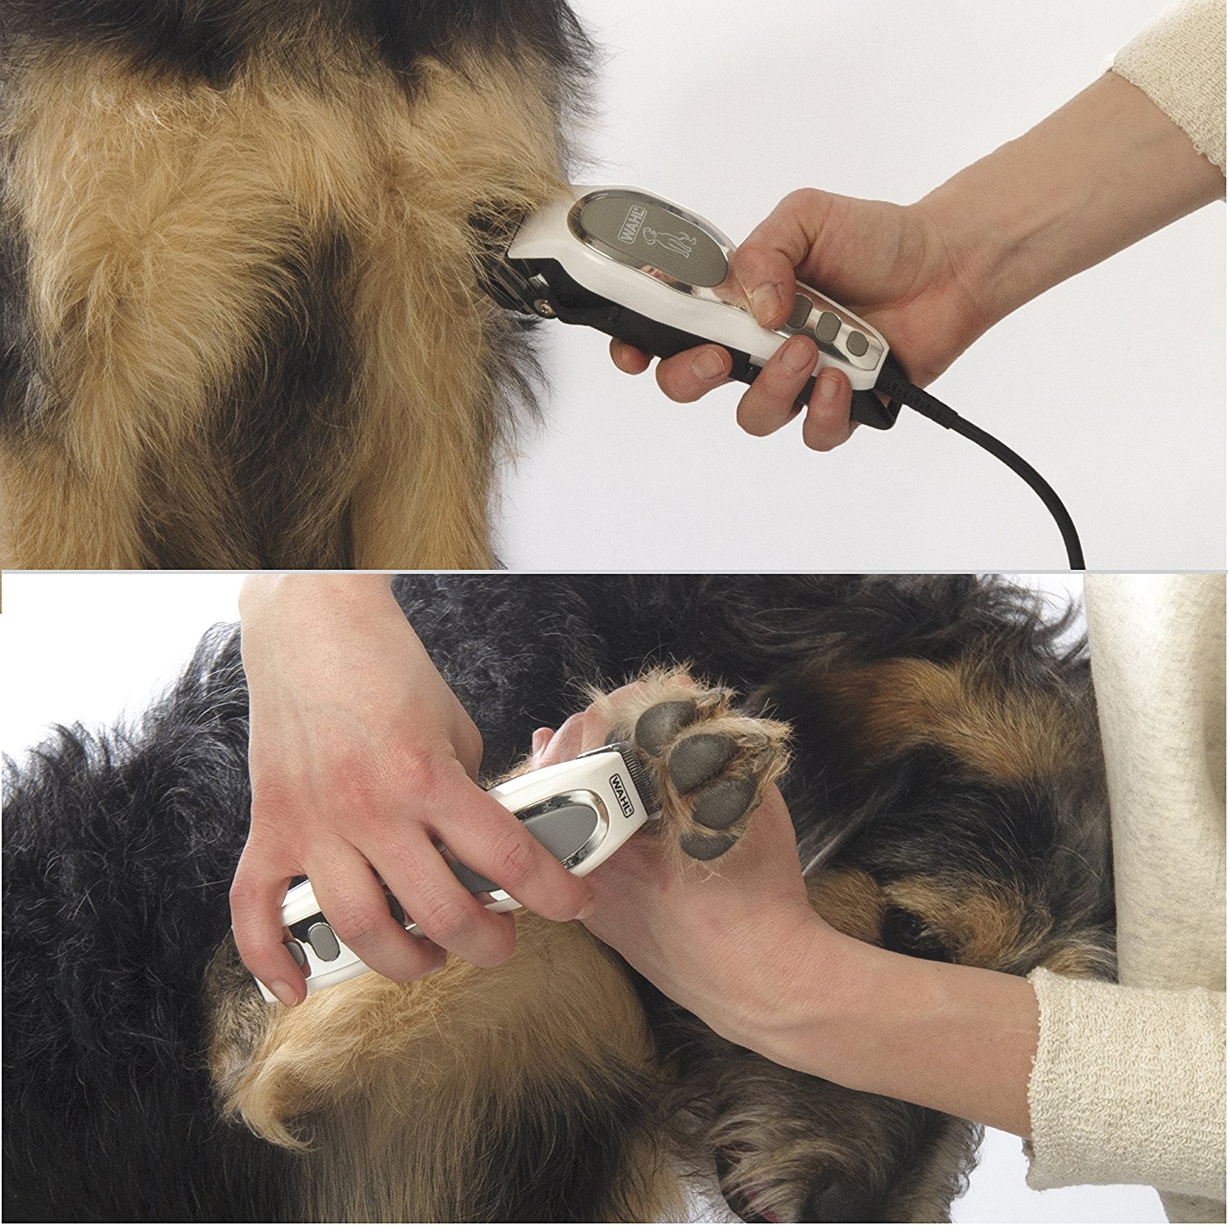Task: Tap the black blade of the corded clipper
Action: [x=524, y=287]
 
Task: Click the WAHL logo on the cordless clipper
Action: [x=621, y=792]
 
